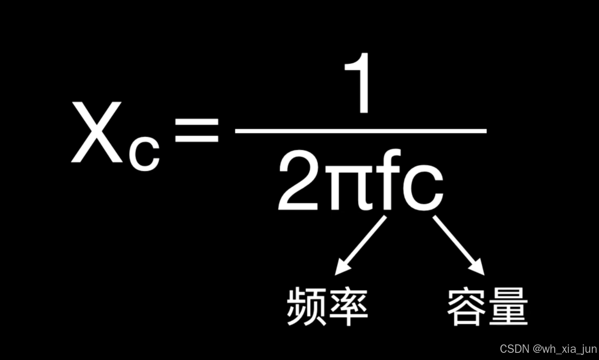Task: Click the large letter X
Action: (x=97, y=132)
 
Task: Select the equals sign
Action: (x=197, y=130)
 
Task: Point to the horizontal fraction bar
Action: (x=361, y=131)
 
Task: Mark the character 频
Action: (x=306, y=307)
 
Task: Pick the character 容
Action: (x=467, y=307)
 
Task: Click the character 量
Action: (x=507, y=307)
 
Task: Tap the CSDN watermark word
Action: (x=514, y=349)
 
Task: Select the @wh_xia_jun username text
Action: (x=565, y=349)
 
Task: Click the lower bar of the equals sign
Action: (x=197, y=138)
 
